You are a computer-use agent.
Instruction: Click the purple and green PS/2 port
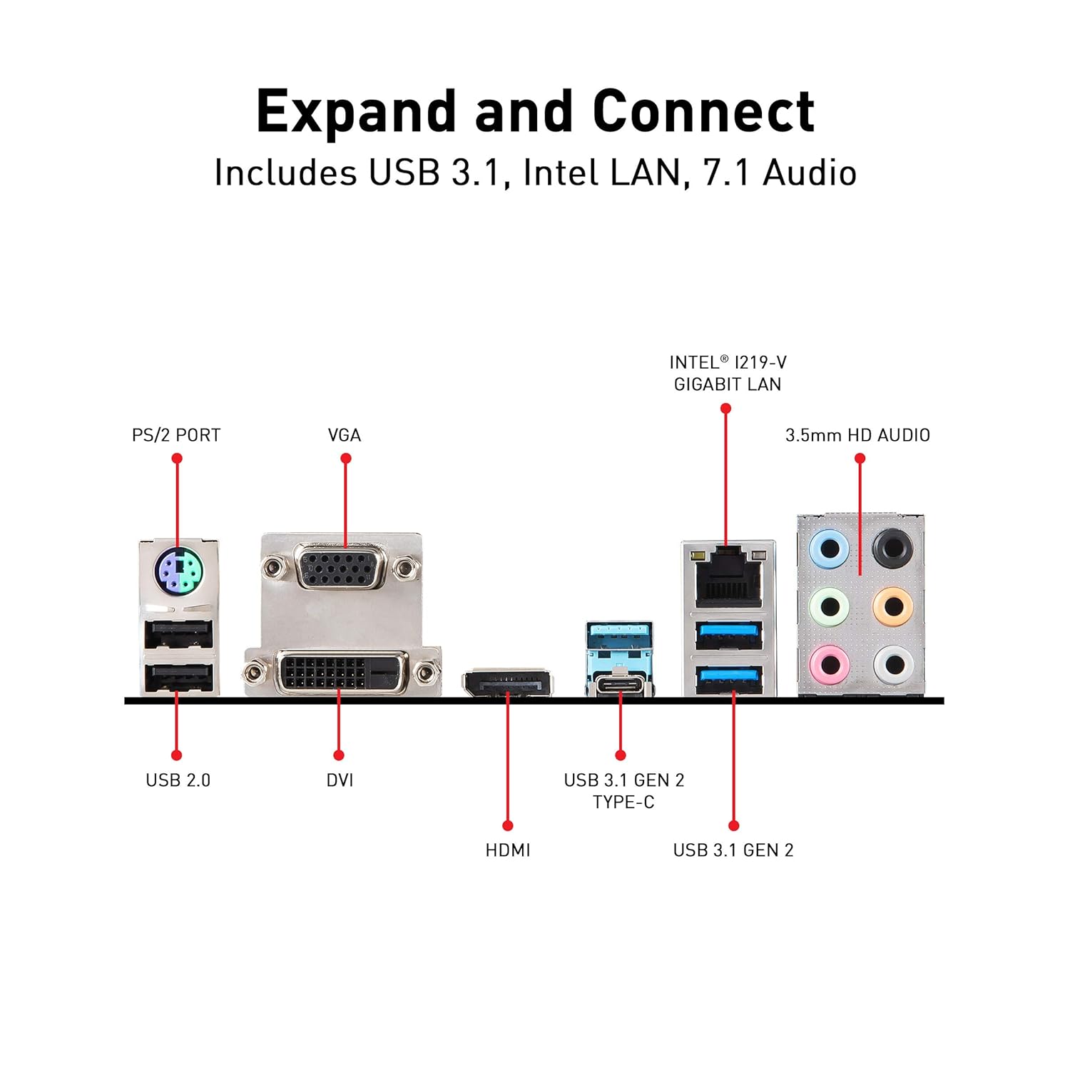point(178,570)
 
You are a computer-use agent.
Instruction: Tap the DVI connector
point(342,671)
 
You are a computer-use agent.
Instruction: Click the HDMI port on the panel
point(507,685)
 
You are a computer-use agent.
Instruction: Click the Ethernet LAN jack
point(728,579)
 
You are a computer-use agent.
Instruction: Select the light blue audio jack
point(830,549)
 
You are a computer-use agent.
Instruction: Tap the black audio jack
point(892,549)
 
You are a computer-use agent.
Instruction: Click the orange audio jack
point(892,607)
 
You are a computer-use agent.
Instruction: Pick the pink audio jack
point(830,666)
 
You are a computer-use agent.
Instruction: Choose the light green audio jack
point(830,607)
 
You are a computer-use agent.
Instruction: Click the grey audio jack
point(892,666)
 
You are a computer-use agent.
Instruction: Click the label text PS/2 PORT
point(176,435)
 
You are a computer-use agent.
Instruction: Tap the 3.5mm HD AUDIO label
point(857,435)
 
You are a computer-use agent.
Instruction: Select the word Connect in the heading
point(703,112)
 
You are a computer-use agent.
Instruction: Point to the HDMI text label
point(507,850)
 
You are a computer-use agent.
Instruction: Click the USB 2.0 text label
point(178,780)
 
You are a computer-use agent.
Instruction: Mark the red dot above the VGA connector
point(346,458)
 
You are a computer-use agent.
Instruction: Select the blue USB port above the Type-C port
point(619,634)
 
